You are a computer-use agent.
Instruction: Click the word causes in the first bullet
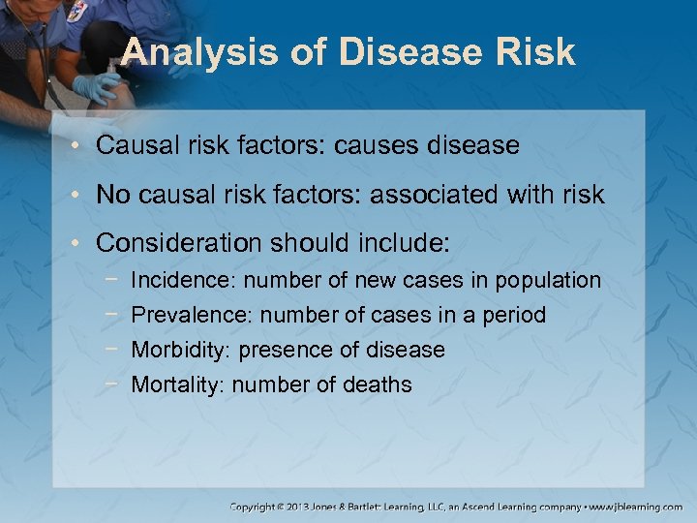[x=372, y=146]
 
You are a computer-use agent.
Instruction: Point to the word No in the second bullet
[x=113, y=195]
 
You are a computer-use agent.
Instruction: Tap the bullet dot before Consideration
[x=84, y=243]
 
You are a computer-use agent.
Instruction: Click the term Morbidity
[x=181, y=350]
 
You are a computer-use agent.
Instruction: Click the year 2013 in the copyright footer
[x=297, y=507]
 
